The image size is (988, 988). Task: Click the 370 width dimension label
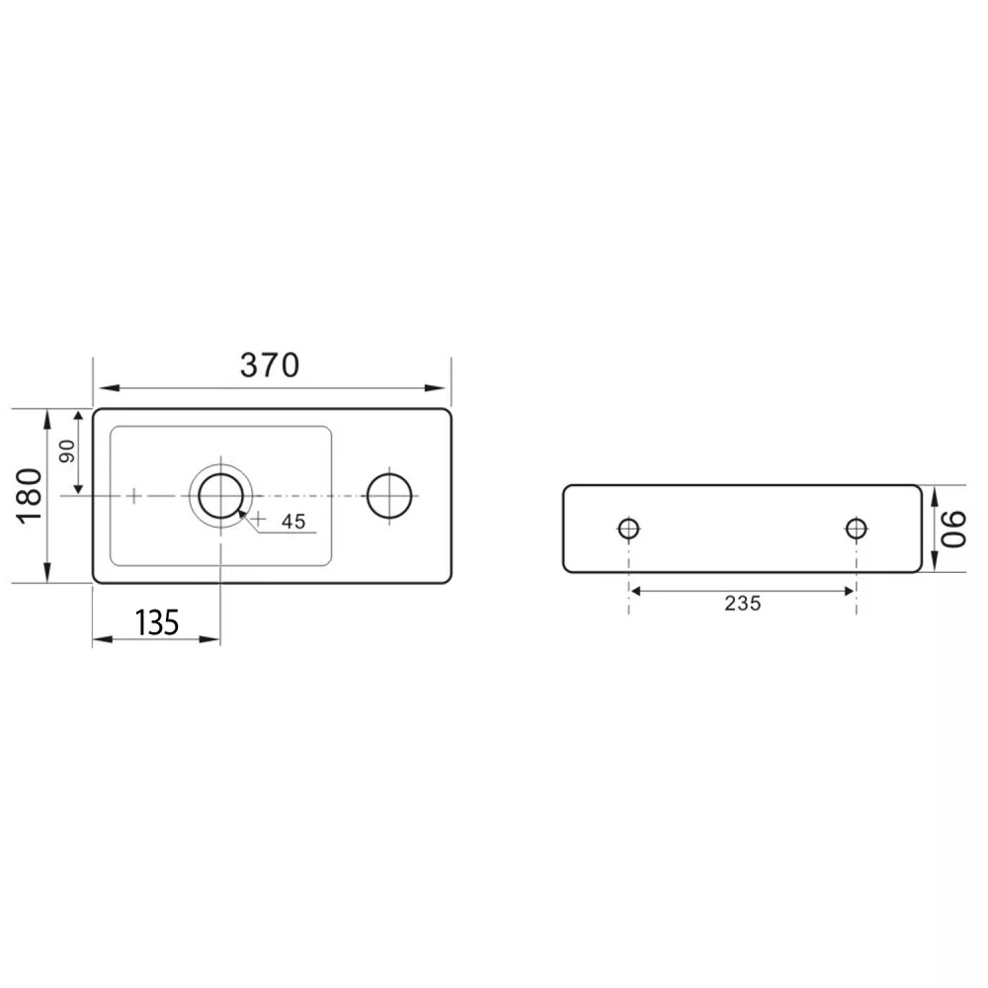(x=270, y=365)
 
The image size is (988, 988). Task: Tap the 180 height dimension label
(x=30, y=495)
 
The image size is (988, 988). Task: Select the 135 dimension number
(x=157, y=622)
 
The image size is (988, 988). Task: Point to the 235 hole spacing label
(x=742, y=604)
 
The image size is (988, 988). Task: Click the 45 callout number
(x=293, y=522)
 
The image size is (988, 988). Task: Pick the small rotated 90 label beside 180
(x=67, y=452)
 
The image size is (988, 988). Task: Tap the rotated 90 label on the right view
(x=953, y=529)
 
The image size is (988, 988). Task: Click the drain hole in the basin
(x=220, y=496)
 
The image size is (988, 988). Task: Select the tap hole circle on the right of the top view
(x=389, y=496)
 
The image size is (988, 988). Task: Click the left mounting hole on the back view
(x=628, y=528)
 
